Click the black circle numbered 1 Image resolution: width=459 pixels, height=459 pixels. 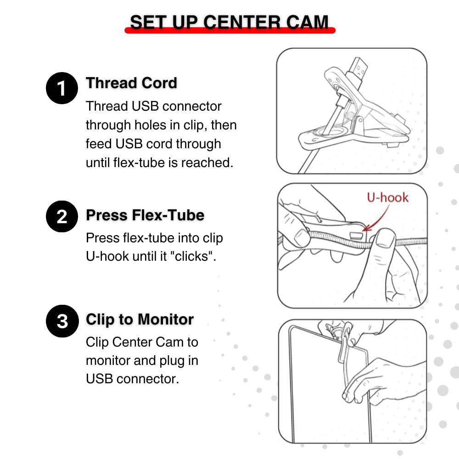[x=62, y=89]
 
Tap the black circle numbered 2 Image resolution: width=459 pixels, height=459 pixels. [x=62, y=216]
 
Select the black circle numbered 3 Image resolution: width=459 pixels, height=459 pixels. [x=62, y=321]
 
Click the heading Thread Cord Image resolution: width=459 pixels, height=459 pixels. [x=131, y=83]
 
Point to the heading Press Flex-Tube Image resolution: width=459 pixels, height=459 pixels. [x=145, y=215]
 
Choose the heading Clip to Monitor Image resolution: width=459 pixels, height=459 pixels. [x=140, y=319]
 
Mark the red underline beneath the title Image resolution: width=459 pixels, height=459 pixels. [x=229, y=31]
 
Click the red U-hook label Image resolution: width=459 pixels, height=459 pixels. [x=387, y=197]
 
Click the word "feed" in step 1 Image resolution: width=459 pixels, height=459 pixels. [x=99, y=144]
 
